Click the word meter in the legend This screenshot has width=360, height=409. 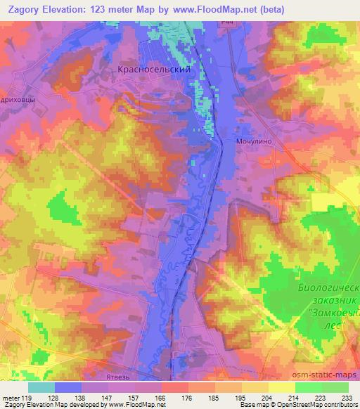(12, 397)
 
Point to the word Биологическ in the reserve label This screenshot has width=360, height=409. (325, 287)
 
